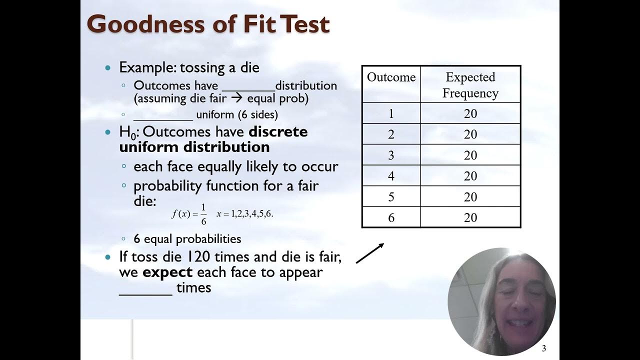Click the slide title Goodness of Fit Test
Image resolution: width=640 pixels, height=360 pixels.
click(x=208, y=24)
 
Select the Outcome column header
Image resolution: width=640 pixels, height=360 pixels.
click(x=391, y=77)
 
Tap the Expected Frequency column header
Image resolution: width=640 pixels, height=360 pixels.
click(x=470, y=85)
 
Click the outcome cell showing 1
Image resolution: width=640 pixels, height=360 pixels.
click(x=391, y=114)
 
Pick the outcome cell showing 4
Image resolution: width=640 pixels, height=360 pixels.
click(x=391, y=176)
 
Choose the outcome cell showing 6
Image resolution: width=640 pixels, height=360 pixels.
click(x=391, y=217)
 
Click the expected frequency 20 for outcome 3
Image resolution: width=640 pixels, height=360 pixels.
click(x=470, y=155)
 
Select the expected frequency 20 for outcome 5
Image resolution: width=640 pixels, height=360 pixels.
click(x=470, y=197)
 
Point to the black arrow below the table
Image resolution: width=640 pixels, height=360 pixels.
click(x=370, y=253)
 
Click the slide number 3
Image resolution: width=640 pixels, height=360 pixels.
click(x=544, y=348)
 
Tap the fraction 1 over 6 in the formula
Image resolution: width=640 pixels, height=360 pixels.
click(x=203, y=214)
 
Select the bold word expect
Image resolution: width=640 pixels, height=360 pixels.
click(x=167, y=272)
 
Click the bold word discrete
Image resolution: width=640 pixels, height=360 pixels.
click(x=278, y=132)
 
